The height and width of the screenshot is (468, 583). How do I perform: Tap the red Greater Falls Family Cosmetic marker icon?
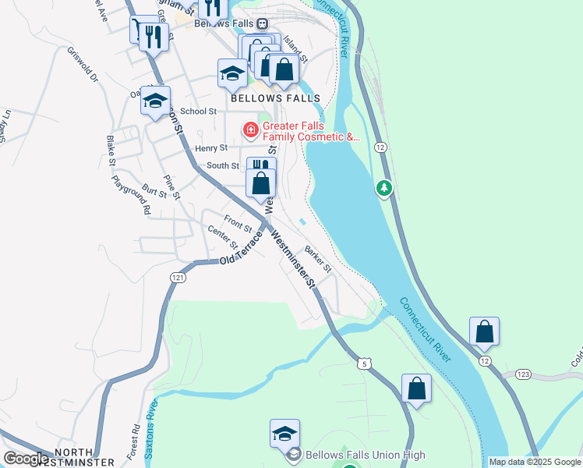tap(251, 129)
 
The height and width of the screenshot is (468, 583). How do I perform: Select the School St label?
tap(198, 112)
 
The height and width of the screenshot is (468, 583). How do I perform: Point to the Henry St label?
tap(211, 147)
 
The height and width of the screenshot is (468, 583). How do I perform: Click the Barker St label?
tap(318, 258)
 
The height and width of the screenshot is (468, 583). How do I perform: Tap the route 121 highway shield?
tap(179, 278)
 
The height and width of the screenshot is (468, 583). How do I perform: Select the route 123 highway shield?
tap(522, 375)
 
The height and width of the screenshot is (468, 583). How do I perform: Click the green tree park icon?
tap(383, 188)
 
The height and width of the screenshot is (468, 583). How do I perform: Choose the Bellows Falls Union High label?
tap(366, 455)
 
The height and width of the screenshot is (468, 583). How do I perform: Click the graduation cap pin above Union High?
tap(284, 434)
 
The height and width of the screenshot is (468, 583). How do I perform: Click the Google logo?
tap(26, 459)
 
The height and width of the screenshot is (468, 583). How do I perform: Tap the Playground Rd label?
tap(130, 195)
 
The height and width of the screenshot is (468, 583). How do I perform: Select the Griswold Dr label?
tap(83, 66)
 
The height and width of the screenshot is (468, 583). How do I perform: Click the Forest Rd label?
tap(133, 441)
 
